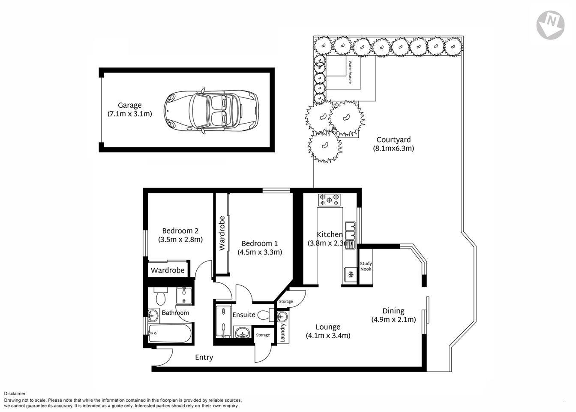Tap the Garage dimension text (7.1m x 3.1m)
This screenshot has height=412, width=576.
[x=129, y=114]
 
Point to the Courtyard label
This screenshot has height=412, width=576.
[x=393, y=139]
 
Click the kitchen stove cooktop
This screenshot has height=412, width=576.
[x=329, y=200]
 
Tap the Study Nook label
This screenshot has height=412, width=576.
[x=366, y=267]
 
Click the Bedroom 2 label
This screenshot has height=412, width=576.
[x=180, y=230]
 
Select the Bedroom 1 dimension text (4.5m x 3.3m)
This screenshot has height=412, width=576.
[x=260, y=252]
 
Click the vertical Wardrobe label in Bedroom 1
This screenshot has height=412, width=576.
[x=222, y=233]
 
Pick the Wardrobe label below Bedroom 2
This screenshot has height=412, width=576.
[x=168, y=270]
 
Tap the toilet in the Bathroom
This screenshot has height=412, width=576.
[x=161, y=297]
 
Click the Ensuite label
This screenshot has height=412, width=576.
[x=243, y=315]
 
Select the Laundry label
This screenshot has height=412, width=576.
[x=283, y=332]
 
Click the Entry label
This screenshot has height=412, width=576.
[x=204, y=357]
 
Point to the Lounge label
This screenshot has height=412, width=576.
[x=328, y=327]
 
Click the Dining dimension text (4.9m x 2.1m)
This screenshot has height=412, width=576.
[x=393, y=320]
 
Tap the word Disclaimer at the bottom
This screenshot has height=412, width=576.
[x=15, y=393]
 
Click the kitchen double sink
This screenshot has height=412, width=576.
[x=351, y=230]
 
